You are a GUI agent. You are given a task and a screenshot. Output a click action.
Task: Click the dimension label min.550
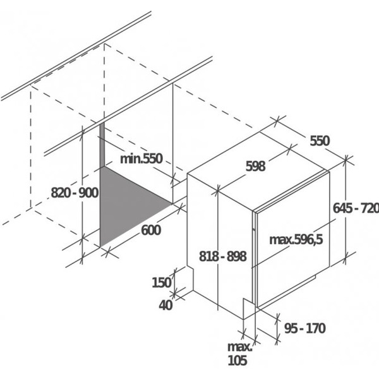[141, 159]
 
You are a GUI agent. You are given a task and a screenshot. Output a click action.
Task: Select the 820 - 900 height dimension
[75, 193]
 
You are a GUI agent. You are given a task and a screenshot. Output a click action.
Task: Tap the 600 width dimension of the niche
[151, 230]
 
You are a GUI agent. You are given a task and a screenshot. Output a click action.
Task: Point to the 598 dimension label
[255, 166]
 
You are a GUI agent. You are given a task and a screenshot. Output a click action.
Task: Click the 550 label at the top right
[320, 141]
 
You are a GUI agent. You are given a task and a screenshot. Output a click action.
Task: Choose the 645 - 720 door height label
[356, 208]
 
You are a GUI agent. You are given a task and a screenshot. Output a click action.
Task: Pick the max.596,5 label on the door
[296, 239]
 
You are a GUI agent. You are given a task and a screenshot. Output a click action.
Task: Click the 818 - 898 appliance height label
[223, 256]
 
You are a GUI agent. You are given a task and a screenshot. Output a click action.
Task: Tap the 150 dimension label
[162, 282]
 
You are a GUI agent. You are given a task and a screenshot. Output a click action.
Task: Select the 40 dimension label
[165, 305]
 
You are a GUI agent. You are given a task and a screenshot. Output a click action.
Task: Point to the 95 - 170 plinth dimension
[304, 328]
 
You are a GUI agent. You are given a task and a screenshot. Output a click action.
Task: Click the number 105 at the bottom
[238, 360]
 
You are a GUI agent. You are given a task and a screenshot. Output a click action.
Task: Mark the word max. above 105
[240, 347]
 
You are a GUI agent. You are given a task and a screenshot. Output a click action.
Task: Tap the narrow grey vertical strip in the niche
[102, 145]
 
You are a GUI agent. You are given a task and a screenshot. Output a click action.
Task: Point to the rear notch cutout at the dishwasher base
[190, 279]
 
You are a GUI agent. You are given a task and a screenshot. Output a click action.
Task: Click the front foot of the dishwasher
[249, 309]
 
